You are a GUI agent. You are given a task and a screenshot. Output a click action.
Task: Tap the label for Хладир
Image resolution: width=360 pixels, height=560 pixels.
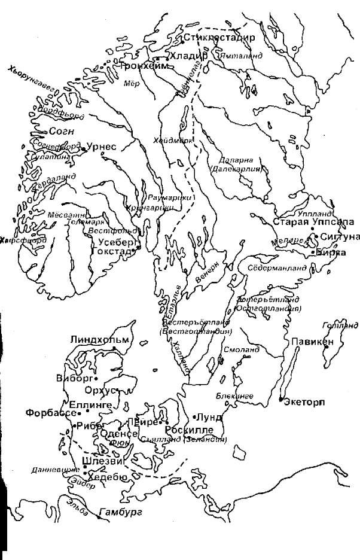point(189,55)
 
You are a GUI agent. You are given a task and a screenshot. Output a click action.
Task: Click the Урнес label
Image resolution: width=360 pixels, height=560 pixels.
point(105,147)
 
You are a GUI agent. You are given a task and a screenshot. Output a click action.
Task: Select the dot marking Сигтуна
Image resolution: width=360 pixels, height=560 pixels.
point(316,237)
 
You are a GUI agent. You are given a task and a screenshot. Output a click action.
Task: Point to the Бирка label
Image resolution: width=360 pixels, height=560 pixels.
point(332,252)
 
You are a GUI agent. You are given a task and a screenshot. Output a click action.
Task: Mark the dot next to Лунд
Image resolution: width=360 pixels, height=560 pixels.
point(196,416)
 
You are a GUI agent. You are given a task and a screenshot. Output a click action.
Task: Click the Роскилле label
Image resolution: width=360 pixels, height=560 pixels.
point(188,430)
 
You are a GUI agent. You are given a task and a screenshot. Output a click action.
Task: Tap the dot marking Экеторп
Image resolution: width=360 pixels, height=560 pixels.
point(281,399)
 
